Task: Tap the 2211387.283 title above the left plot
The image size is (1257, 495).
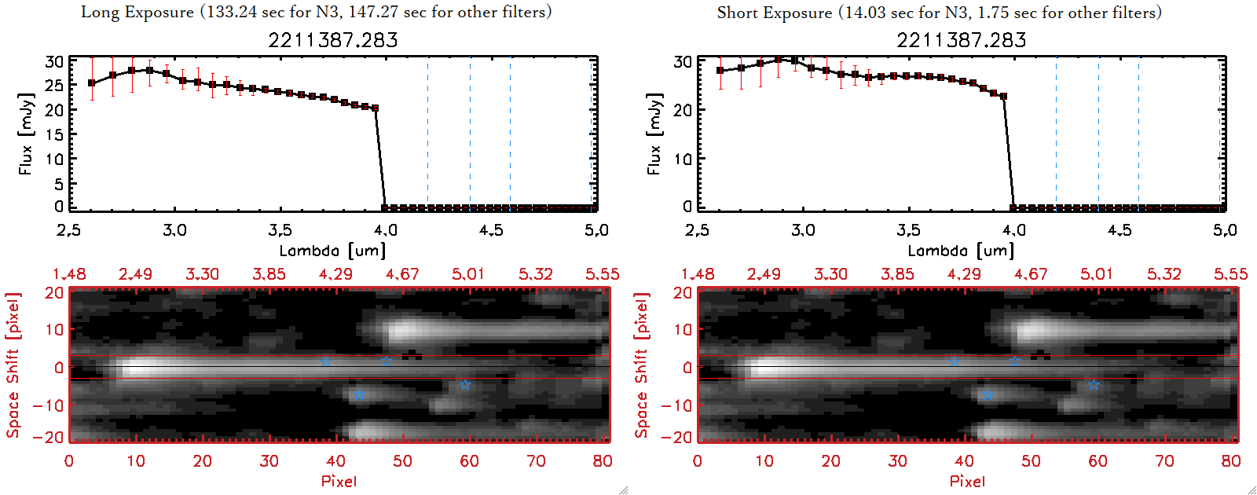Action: pos(333,40)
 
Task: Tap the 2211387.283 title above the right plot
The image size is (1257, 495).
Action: pos(962,40)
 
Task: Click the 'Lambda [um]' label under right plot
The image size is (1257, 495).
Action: pos(961,251)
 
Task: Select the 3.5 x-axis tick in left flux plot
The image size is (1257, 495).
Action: pos(280,230)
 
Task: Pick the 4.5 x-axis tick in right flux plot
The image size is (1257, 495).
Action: pos(1120,230)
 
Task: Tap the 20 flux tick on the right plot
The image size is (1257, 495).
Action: pos(682,110)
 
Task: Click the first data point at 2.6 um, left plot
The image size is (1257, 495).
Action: pos(92,82)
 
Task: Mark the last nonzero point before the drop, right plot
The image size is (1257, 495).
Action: pos(1003,97)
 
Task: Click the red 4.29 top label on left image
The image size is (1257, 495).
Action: pos(335,274)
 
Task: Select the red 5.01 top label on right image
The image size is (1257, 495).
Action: pos(1096,274)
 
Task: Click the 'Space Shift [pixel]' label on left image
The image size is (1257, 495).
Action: pos(13,365)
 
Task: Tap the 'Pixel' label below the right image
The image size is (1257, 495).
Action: pos(967,481)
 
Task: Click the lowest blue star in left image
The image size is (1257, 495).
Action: pos(359,395)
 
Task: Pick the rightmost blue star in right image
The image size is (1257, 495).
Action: pos(1094,384)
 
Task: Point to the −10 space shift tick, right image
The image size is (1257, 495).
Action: pos(676,405)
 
